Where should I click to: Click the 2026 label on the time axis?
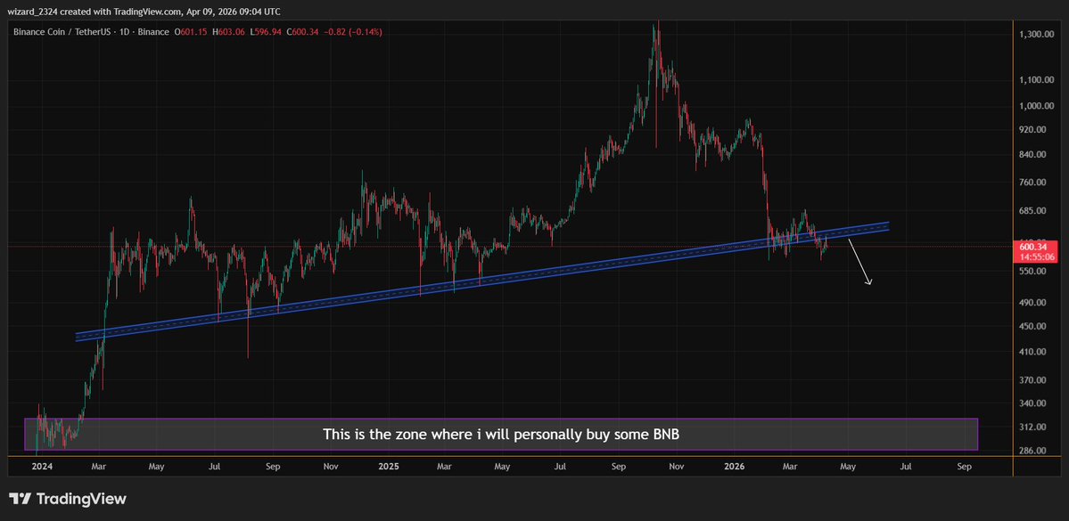pos(735,466)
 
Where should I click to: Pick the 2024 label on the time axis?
pos(42,466)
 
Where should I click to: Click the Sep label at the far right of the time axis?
pos(964,466)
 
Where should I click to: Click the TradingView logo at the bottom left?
pos(68,499)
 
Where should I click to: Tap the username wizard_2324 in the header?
pos(37,12)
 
